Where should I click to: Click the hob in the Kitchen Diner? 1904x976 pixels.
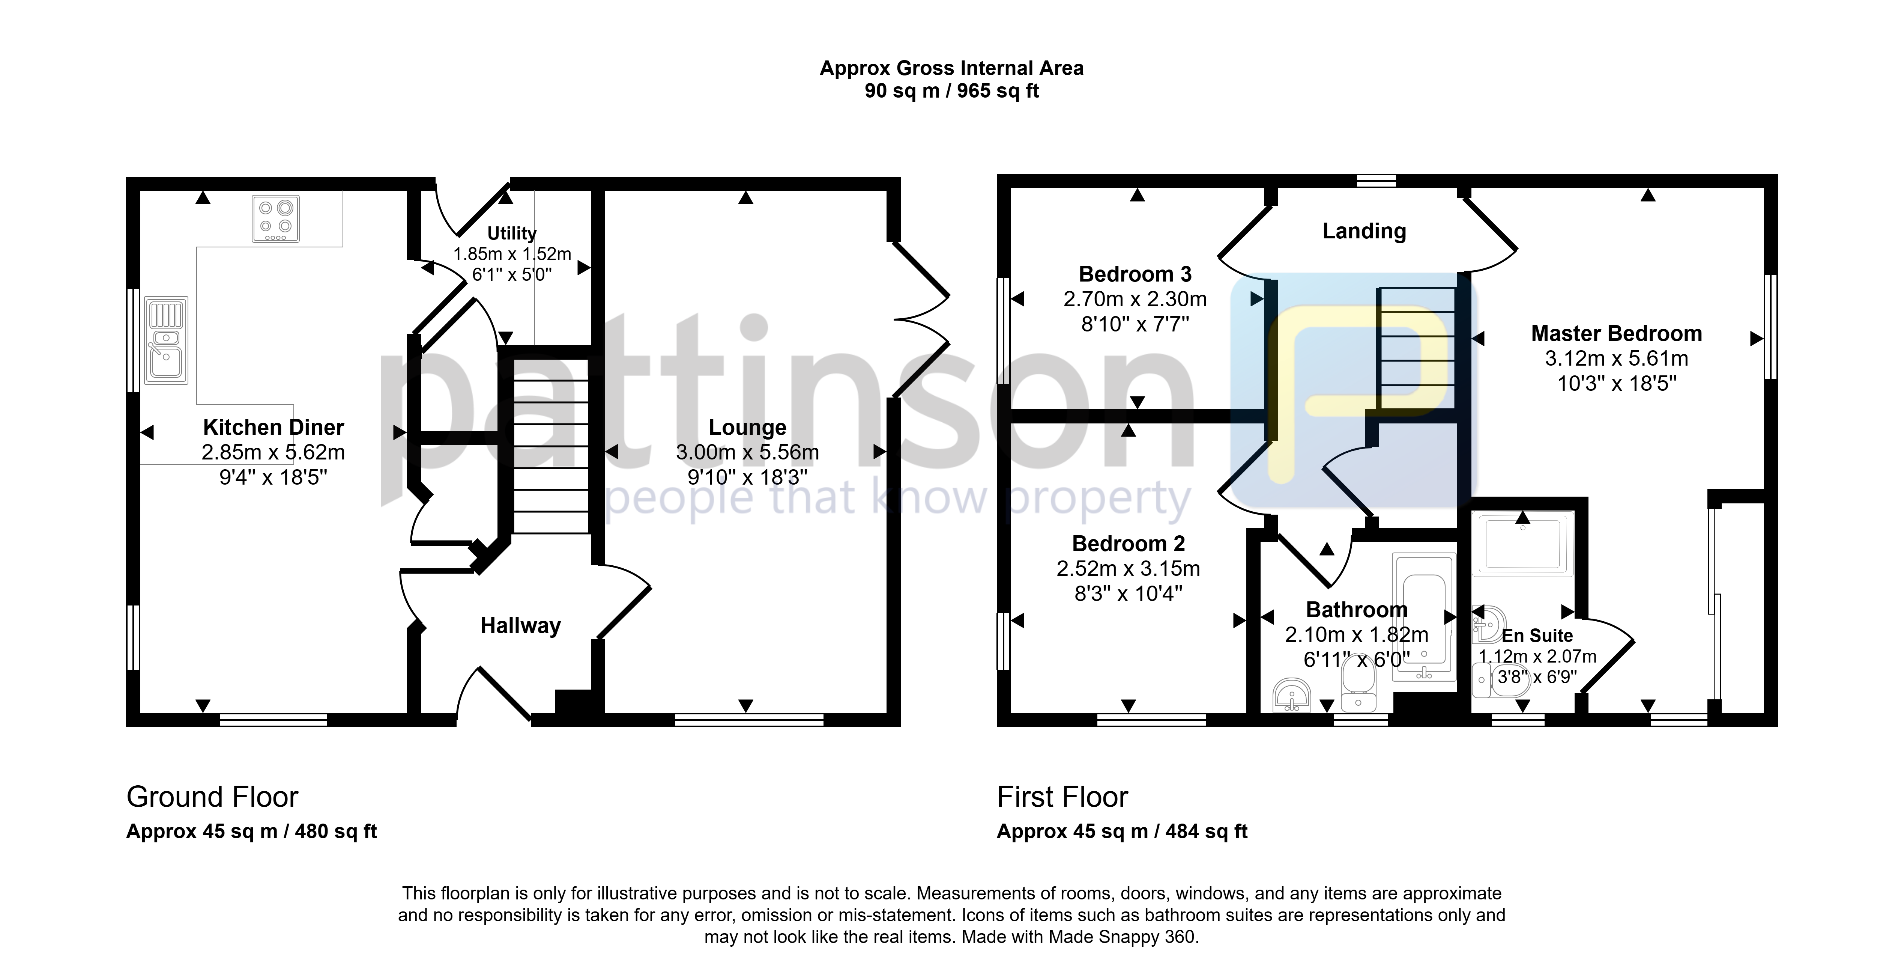click(x=276, y=218)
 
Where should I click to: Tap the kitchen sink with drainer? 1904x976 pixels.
click(x=166, y=340)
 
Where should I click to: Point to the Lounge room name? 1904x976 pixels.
click(x=747, y=427)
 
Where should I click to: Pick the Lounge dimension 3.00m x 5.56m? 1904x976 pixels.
click(x=747, y=452)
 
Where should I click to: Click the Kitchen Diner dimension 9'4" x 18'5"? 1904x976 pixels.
click(x=274, y=477)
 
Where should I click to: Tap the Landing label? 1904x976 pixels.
click(x=1364, y=232)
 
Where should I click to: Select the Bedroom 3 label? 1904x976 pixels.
click(x=1135, y=274)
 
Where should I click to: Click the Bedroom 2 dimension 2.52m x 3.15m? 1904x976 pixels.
click(x=1128, y=569)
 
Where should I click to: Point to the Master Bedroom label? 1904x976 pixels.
click(x=1617, y=333)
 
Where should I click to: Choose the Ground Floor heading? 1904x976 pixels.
click(x=212, y=797)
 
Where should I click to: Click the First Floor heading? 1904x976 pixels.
click(x=1062, y=797)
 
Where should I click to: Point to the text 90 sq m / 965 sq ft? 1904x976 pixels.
click(x=952, y=91)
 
